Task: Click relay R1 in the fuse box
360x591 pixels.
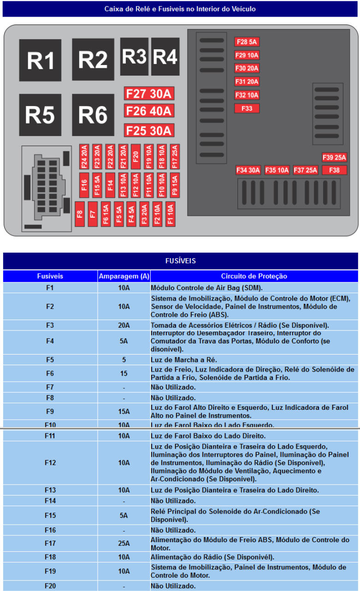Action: [x=40, y=60]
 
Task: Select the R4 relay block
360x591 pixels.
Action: [x=165, y=57]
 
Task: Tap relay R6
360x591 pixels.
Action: [x=93, y=115]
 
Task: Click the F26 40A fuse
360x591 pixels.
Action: [x=148, y=111]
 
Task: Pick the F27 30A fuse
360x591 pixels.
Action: [x=148, y=94]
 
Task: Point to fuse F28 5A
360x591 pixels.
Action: [x=247, y=42]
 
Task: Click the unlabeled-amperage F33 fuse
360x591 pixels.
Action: [x=247, y=109]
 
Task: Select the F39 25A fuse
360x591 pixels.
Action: [x=334, y=158]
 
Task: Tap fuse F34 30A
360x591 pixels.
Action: [x=248, y=170]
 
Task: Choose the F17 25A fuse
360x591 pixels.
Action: [x=174, y=157]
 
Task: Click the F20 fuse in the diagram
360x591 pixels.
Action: [x=136, y=157]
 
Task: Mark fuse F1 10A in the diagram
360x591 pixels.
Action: [x=170, y=214]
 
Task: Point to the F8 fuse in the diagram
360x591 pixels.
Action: [x=80, y=214]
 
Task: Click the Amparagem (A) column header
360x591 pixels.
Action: [x=124, y=276]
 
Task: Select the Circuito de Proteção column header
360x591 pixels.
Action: [x=254, y=276]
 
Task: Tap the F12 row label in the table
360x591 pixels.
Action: [x=50, y=462]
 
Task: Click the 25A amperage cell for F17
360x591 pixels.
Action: [x=124, y=544]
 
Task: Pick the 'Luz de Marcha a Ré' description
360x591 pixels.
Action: [x=184, y=360]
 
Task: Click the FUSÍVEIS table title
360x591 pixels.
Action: [x=180, y=261]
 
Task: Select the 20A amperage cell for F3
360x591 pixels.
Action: [x=124, y=325]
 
